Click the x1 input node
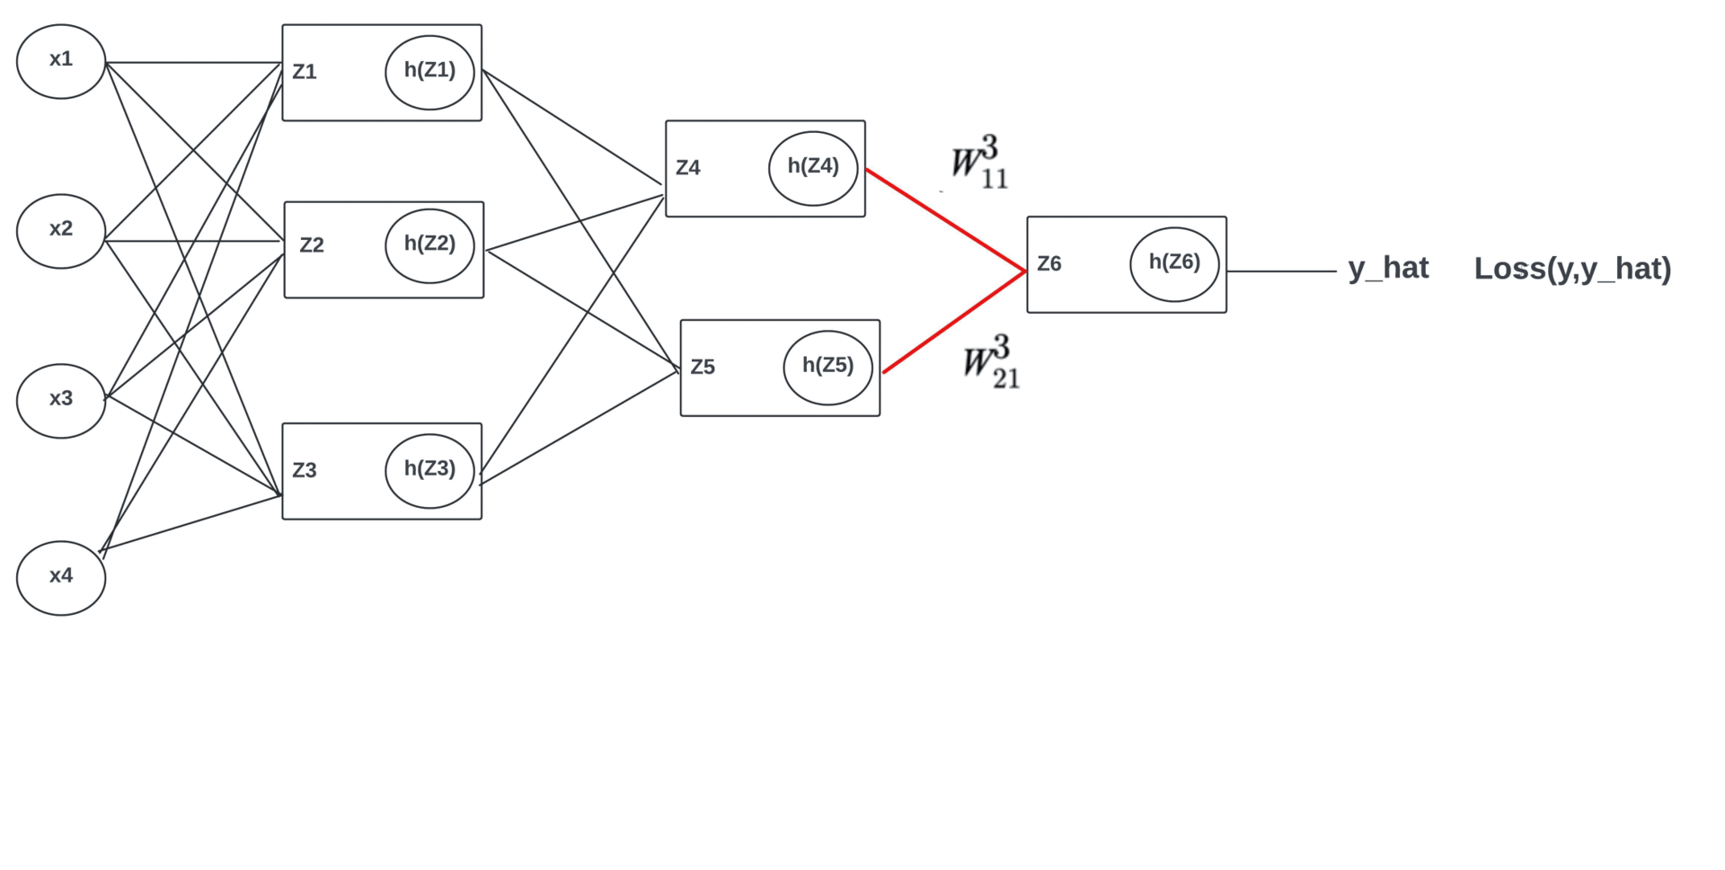61,61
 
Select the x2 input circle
61,231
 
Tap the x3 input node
61,401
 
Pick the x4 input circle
61,578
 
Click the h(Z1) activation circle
429,72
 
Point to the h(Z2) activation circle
429,245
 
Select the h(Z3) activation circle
429,470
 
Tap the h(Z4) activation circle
813,168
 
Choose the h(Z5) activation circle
827,368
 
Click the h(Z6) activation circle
1174,264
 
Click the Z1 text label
305,72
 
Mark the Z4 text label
688,168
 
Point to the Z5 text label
703,368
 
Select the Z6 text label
1049,264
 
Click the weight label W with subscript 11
979,164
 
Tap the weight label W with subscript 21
991,363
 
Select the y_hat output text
1388,268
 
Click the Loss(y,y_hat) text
1572,269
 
